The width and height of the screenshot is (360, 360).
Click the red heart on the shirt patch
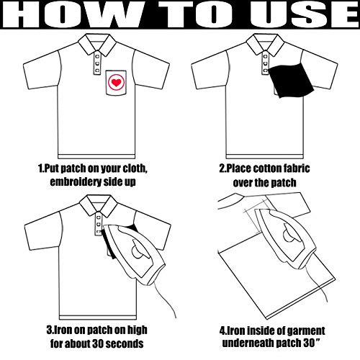point(117,83)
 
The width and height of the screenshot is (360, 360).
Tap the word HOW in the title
point(71,14)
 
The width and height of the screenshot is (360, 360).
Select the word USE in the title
point(305,14)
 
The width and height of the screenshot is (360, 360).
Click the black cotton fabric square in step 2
point(291,80)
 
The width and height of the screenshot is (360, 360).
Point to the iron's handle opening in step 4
point(291,233)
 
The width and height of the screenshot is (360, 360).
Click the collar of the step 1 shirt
point(98,45)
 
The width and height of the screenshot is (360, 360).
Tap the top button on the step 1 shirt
point(97,57)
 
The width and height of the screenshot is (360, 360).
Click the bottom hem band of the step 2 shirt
point(265,156)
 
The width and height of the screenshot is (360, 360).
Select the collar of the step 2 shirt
point(266,45)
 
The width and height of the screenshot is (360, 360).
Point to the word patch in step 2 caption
point(284,183)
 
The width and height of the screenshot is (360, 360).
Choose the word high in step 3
point(137,330)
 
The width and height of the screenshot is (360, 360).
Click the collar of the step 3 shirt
point(99,206)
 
